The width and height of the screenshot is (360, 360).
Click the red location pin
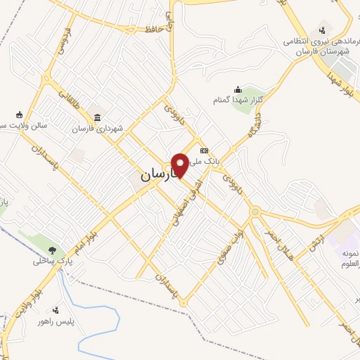tap(181, 165)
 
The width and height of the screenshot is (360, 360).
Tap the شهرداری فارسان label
tap(101, 129)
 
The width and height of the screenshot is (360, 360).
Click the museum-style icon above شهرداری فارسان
tap(96, 116)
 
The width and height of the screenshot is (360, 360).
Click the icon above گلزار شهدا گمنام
tap(238, 89)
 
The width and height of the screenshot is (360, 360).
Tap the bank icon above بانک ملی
tap(204, 150)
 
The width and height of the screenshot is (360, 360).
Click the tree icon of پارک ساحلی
tap(52, 249)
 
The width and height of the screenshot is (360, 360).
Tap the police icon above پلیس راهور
tap(56, 309)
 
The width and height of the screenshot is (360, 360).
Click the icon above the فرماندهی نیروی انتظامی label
tap(322, 30)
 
